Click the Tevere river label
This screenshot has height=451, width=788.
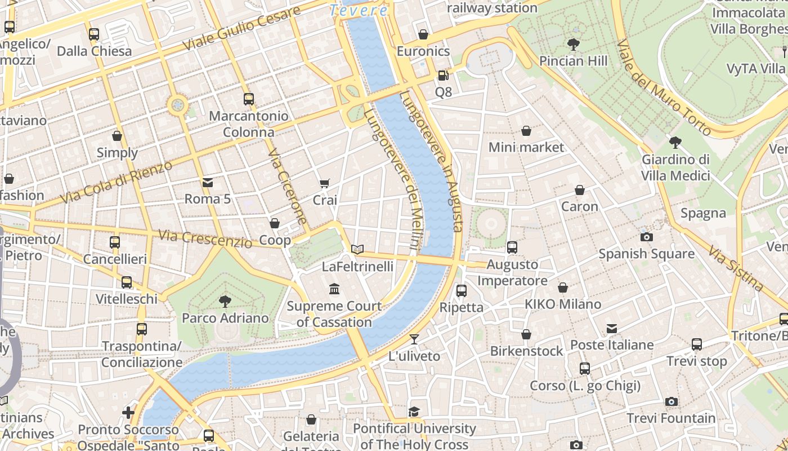pyautogui.click(x=359, y=10)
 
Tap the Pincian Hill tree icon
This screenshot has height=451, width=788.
pyautogui.click(x=574, y=44)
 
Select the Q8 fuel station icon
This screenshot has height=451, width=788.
pyautogui.click(x=444, y=75)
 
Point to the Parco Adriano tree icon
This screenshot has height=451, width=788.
pyautogui.click(x=225, y=301)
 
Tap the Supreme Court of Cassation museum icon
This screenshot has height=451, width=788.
pyautogui.click(x=334, y=289)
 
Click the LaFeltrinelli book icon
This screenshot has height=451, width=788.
pyautogui.click(x=357, y=249)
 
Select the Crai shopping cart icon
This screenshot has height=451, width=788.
pyautogui.click(x=325, y=183)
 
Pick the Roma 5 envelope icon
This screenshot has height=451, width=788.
pyautogui.click(x=208, y=182)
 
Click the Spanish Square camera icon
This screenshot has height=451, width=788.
pyautogui.click(x=647, y=237)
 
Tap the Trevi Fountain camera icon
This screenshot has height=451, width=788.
pyautogui.click(x=671, y=401)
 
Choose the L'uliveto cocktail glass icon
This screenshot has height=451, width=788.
pyautogui.click(x=414, y=339)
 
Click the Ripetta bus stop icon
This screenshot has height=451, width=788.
pyautogui.click(x=462, y=290)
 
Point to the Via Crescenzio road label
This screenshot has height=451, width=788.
pyautogui.click(x=205, y=239)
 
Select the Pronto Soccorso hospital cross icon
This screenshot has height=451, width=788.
pyautogui.click(x=128, y=413)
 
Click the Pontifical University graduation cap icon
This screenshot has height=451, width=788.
pyautogui.click(x=414, y=412)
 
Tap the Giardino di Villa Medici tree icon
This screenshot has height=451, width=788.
pyautogui.click(x=675, y=142)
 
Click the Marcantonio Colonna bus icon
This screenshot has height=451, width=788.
pyautogui.click(x=249, y=99)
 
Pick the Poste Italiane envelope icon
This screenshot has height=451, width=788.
pyautogui.click(x=612, y=328)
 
